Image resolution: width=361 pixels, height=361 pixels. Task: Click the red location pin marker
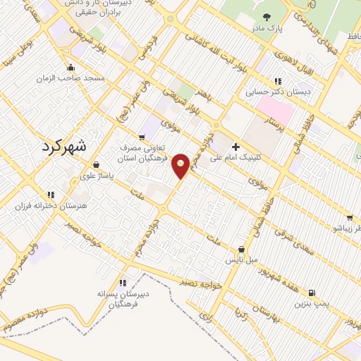click(181, 166)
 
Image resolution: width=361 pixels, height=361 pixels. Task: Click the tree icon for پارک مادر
click(266, 17)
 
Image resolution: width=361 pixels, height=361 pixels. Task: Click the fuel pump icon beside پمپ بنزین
click(312, 293)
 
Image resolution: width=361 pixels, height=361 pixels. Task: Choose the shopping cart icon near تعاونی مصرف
click(142, 136)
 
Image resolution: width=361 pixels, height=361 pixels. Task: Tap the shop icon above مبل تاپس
click(243, 249)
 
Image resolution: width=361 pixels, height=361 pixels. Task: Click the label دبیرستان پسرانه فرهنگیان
click(124, 295)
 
